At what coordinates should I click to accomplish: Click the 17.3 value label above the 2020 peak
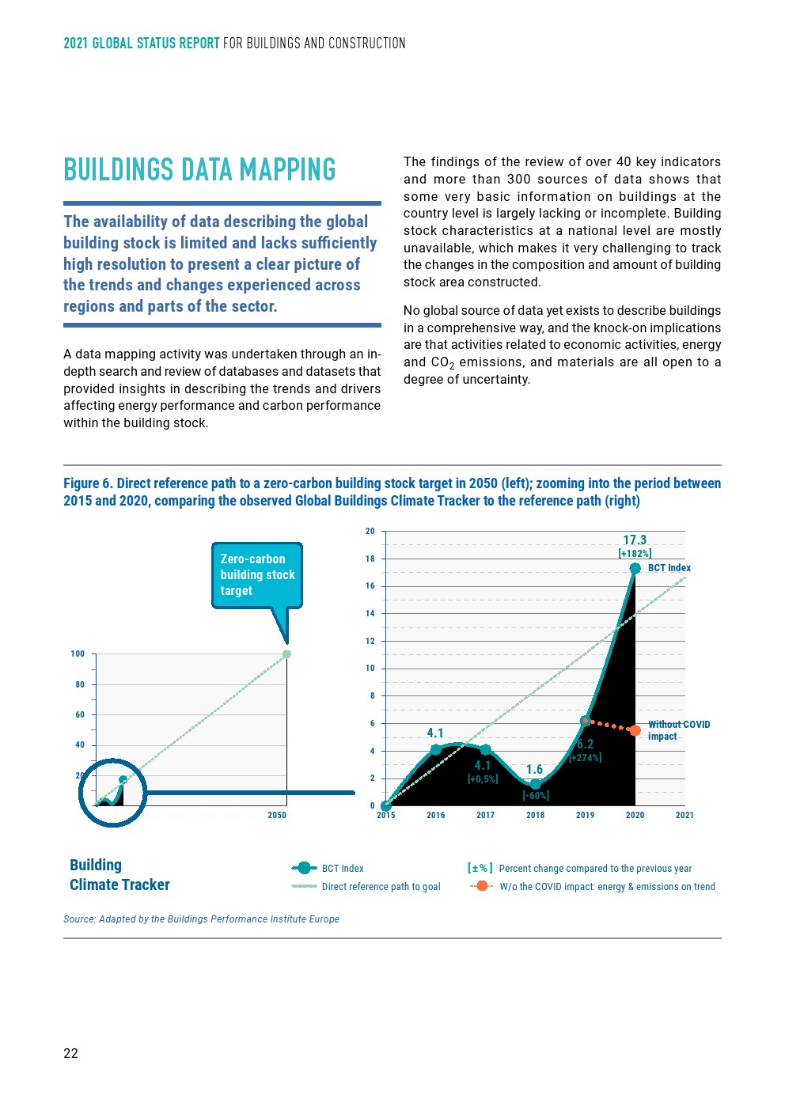(x=635, y=540)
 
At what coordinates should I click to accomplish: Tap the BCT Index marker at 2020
(x=635, y=568)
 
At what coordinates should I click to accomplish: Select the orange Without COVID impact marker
(x=635, y=730)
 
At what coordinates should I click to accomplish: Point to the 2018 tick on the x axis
(x=535, y=815)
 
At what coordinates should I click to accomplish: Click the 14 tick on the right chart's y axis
(x=370, y=613)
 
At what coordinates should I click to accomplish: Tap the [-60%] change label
(x=536, y=795)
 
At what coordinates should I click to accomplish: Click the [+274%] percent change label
(x=586, y=758)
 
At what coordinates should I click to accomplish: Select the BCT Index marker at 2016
(x=436, y=749)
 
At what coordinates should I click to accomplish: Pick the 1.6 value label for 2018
(x=535, y=770)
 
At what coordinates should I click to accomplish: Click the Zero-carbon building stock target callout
(x=257, y=575)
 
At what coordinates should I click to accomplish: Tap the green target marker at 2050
(x=286, y=654)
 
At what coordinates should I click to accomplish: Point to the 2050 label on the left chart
(x=277, y=815)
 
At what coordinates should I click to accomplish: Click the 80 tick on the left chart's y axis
(x=80, y=684)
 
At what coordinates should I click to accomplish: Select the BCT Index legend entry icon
(x=304, y=868)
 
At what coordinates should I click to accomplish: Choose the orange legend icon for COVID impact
(x=481, y=886)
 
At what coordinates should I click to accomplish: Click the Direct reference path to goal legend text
(x=381, y=887)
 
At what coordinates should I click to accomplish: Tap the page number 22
(x=71, y=1053)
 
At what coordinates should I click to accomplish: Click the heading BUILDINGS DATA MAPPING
(x=199, y=170)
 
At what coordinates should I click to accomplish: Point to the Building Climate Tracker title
(x=119, y=875)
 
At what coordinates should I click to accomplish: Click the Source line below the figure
(x=201, y=919)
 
